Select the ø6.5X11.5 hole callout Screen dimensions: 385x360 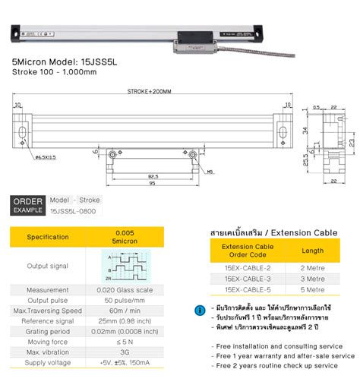click(49, 156)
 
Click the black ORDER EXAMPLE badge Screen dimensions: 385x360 click(27, 204)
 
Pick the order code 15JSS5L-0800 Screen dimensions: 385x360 click(74, 210)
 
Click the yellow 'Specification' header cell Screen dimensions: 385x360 click(48, 237)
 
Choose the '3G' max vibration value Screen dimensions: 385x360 click(125, 353)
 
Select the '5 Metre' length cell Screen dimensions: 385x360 click(314, 289)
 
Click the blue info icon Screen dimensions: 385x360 click(199, 310)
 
